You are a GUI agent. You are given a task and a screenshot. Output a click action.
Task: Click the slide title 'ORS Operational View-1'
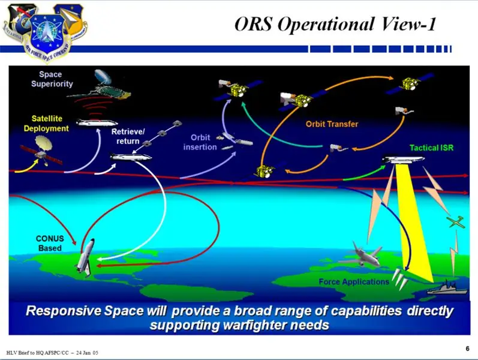[x=335, y=24]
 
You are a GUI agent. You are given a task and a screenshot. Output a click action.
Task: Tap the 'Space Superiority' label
[x=52, y=79]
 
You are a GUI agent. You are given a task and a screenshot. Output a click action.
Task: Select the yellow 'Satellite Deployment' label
[x=46, y=123]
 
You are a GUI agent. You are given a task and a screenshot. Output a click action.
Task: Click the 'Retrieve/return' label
[x=128, y=136]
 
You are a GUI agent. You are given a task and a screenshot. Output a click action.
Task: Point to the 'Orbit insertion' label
[x=200, y=142]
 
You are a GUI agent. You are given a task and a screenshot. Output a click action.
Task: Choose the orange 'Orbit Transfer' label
[x=332, y=124]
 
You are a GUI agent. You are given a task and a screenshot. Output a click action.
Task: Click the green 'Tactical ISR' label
[x=431, y=148]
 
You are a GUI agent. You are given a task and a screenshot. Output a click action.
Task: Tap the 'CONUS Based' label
[x=50, y=243]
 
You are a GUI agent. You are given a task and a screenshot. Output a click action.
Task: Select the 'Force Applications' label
[x=354, y=281]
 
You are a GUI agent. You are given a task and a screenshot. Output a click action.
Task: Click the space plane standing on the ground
[x=85, y=258]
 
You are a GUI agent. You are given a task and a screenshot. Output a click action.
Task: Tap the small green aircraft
[x=456, y=222]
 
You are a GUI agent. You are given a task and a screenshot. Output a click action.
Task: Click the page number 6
[x=467, y=349]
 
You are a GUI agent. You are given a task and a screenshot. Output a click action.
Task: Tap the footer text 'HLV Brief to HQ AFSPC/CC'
[x=38, y=353]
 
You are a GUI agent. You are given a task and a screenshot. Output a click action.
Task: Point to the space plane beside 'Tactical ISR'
[x=404, y=159]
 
